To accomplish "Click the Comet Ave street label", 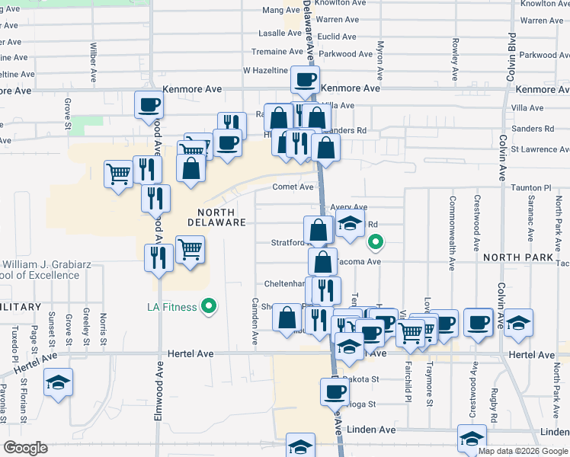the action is [293, 187].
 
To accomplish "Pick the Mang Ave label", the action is [277, 10].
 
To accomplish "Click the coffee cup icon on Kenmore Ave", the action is [305, 78].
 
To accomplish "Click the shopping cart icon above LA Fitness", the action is [190, 248].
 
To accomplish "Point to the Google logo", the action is [25, 449].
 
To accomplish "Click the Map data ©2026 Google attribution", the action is [523, 451].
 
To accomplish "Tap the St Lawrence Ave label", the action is [540, 149].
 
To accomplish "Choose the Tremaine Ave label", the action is [278, 52].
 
